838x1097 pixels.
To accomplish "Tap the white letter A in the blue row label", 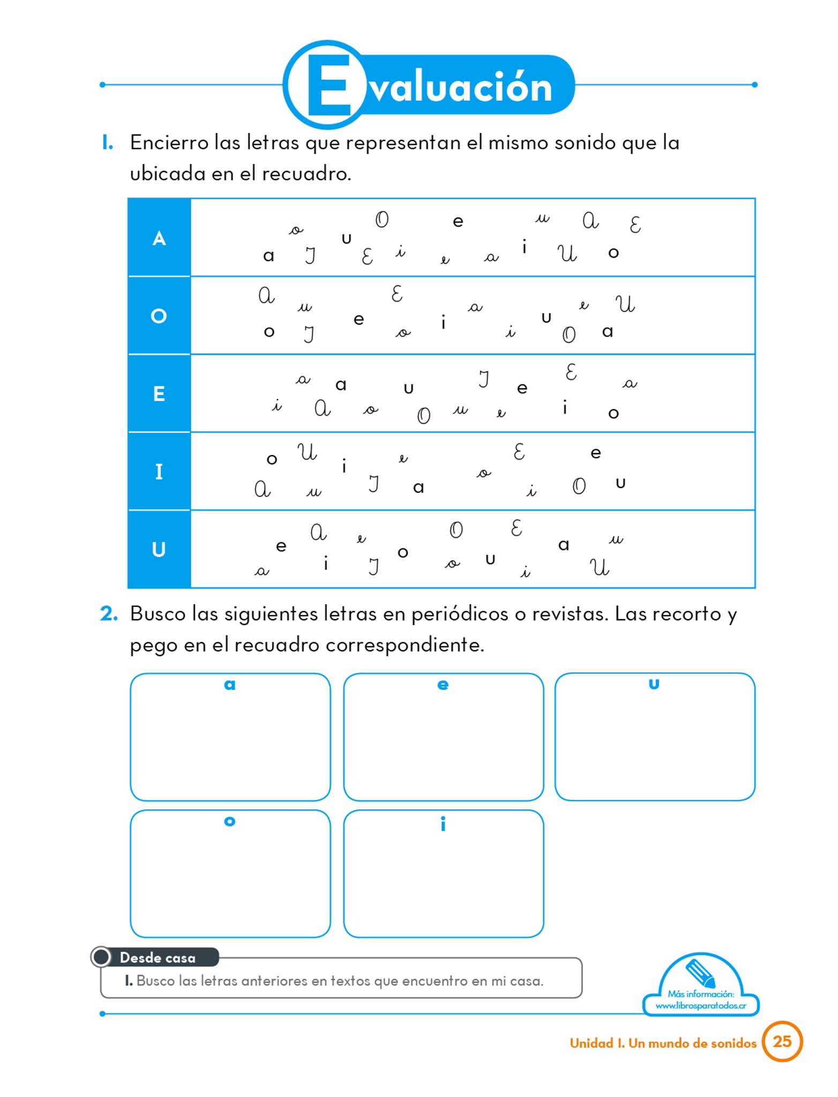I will [159, 238].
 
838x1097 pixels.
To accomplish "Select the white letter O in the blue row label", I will [159, 316].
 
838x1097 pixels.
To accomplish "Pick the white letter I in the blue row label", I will [159, 472].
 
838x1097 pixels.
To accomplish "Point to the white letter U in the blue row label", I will [159, 550].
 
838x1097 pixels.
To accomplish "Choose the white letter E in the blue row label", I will [159, 394].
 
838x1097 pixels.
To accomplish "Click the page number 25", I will [782, 1041].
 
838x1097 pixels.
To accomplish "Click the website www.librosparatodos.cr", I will [701, 1005].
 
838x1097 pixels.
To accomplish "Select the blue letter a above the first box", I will [230, 685].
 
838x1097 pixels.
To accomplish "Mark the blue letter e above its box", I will [443, 685].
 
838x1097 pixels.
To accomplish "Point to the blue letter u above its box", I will [654, 685].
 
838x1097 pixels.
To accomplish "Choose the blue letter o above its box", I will [230, 822].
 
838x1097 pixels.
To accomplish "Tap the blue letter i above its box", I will [443, 824].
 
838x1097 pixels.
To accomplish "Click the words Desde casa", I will [158, 958].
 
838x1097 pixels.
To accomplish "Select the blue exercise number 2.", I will [109, 614].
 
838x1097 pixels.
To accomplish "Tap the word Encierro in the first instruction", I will [169, 143].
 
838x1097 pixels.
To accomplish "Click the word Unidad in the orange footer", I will [592, 1043].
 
